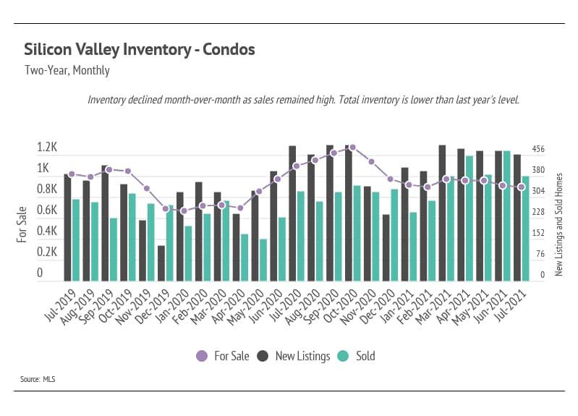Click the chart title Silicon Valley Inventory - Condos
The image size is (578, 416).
tap(139, 50)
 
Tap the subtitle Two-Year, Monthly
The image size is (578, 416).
tap(67, 71)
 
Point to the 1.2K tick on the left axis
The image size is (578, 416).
tap(47, 148)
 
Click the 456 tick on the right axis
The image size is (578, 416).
tap(538, 149)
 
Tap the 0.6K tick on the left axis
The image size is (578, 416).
tap(47, 211)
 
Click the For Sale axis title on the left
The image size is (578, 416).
tap(22, 224)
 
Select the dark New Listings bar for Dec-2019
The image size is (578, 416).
tap(161, 263)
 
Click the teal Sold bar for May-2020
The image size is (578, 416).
tap(263, 260)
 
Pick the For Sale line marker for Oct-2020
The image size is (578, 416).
tap(352, 147)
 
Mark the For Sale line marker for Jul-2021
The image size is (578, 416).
tap(521, 187)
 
